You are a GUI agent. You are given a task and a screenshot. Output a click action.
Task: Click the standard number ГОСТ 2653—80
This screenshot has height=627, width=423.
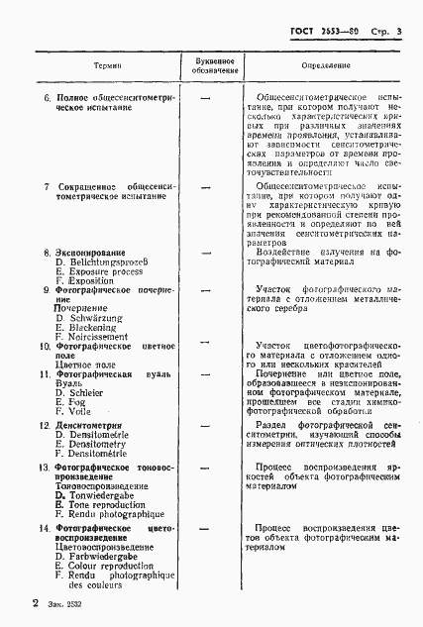(x=316, y=33)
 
